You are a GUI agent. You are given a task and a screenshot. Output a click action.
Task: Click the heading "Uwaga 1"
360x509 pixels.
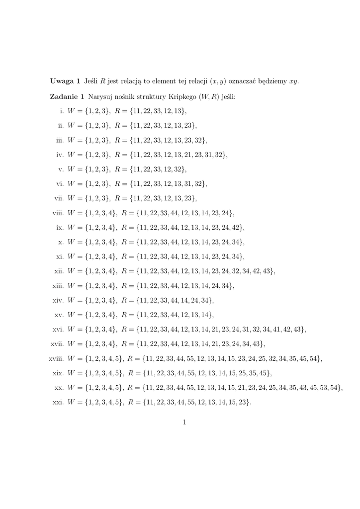[x=65, y=81]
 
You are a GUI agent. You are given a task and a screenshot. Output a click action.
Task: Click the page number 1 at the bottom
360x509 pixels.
[x=184, y=423]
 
